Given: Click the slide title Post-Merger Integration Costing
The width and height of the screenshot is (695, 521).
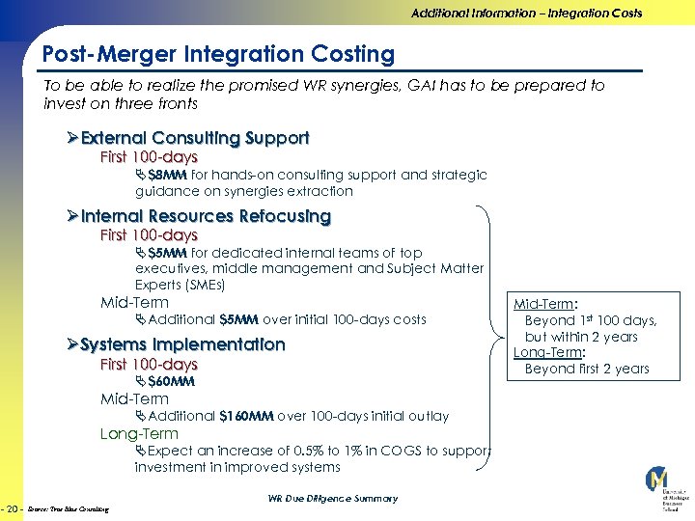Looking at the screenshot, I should tap(219, 55).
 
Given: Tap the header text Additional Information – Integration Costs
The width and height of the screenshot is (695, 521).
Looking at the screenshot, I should tap(526, 14).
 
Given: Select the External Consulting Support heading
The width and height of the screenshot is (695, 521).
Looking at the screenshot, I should tap(195, 138).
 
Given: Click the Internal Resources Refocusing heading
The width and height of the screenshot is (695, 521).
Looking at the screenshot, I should tap(206, 216).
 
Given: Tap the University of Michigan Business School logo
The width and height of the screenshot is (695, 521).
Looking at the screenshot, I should tap(660, 488).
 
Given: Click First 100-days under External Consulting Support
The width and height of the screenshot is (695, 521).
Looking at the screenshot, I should tap(149, 157).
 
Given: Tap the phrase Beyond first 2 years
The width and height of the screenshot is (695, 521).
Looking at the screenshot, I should tap(587, 369).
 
